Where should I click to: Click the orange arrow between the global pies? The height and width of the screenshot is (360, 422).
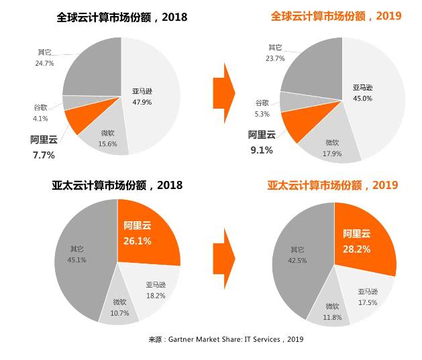(x=223, y=86)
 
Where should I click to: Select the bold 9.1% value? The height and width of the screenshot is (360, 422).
(x=262, y=150)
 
